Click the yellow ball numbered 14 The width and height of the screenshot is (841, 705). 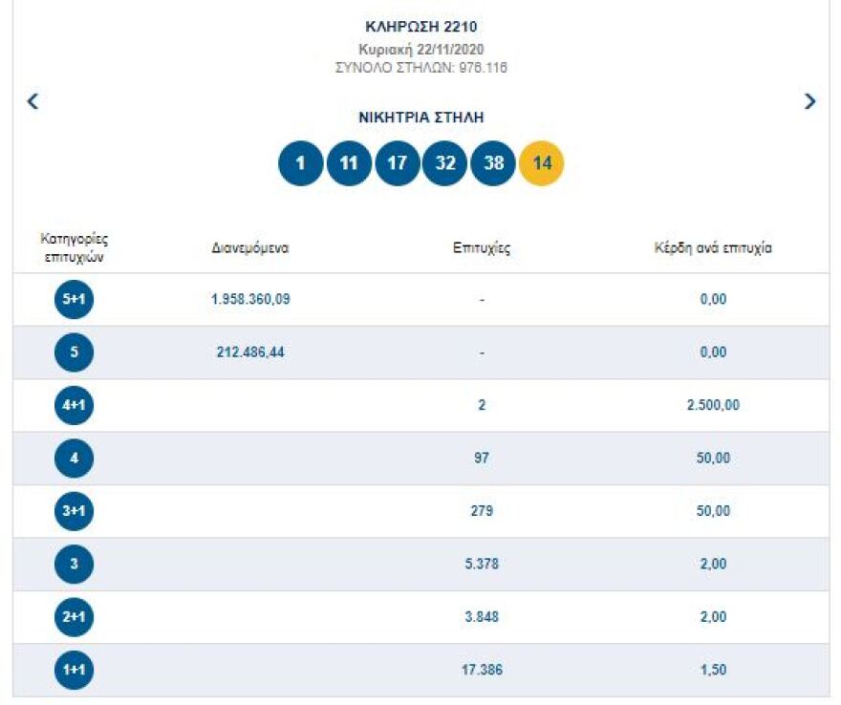[x=541, y=163]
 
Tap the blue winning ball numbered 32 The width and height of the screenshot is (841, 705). [x=445, y=163]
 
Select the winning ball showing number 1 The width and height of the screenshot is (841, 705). [x=301, y=163]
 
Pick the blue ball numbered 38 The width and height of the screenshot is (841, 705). [x=493, y=163]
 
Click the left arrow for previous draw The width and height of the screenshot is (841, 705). [x=32, y=101]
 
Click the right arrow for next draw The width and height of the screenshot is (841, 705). [x=809, y=101]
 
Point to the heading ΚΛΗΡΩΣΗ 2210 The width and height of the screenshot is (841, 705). [x=421, y=27]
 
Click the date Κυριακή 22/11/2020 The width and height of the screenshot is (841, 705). [x=421, y=49]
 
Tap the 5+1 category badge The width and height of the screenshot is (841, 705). [x=75, y=300]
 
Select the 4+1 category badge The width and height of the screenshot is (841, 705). [x=75, y=406]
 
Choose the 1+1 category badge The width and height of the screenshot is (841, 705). [x=75, y=671]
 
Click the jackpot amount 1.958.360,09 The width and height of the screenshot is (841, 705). [x=250, y=299]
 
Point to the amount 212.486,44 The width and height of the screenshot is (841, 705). [x=250, y=352]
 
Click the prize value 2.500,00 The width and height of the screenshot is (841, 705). [x=713, y=405]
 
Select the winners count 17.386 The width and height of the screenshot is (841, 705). [x=482, y=670]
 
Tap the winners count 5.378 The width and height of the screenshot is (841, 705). [x=482, y=565]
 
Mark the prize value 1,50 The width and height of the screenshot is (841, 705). [x=713, y=670]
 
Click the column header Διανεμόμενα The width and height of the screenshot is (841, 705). [x=250, y=248]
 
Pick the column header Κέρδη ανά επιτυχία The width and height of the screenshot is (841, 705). [x=713, y=248]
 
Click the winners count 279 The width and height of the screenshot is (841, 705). [x=482, y=511]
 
